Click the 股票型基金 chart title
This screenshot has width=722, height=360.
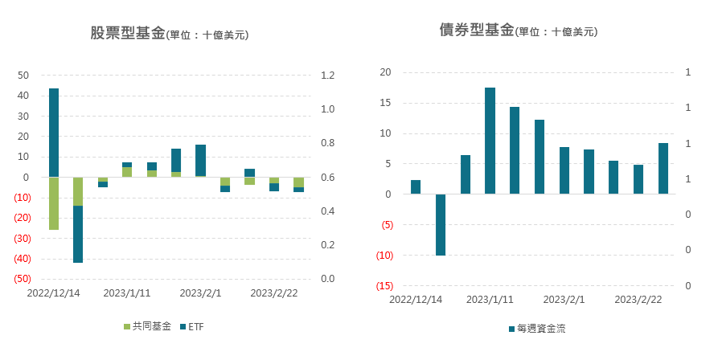(x=128, y=34)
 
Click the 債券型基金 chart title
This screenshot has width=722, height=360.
(x=477, y=31)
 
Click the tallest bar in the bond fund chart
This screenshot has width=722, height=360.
(x=490, y=141)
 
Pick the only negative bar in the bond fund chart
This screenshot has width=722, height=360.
(x=441, y=225)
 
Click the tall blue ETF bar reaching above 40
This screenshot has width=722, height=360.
(x=54, y=133)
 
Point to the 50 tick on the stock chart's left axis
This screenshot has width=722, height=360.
(x=23, y=76)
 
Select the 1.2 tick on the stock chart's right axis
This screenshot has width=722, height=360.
(x=328, y=76)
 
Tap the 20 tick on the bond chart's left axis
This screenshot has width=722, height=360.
(x=385, y=72)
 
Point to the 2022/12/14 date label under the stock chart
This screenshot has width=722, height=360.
(x=54, y=294)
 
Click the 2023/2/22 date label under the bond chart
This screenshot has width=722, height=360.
(x=638, y=300)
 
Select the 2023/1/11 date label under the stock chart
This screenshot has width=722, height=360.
(x=128, y=294)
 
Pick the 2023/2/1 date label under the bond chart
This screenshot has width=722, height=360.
(x=564, y=300)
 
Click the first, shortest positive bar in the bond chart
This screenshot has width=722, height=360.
(x=416, y=187)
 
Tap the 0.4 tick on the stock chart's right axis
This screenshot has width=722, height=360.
(x=328, y=211)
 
